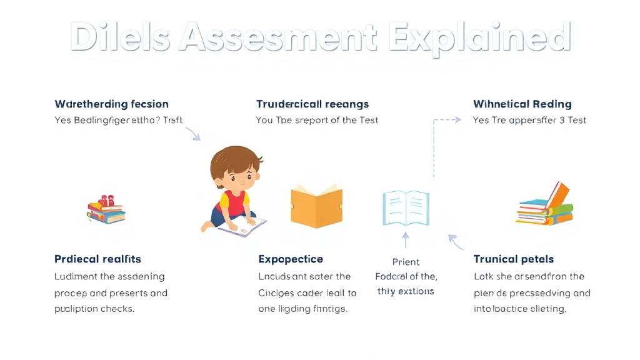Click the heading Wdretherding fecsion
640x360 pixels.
pyautogui.click(x=111, y=104)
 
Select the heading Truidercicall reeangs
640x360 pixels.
pyautogui.click(x=312, y=104)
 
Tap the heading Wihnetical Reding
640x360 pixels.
pyautogui.click(x=522, y=104)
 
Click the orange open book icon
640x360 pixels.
pyautogui.click(x=316, y=206)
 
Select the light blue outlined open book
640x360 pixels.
pyautogui.click(x=406, y=207)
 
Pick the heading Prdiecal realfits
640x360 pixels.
pyautogui.click(x=97, y=259)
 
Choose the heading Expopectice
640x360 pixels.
pyautogui.click(x=291, y=259)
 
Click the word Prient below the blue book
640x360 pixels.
pyautogui.click(x=406, y=262)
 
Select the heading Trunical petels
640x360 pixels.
pyautogui.click(x=514, y=259)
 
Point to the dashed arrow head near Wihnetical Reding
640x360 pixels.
pyautogui.click(x=458, y=119)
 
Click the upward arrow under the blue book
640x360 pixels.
pyautogui.click(x=406, y=240)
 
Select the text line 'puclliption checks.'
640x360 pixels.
pyautogui.click(x=94, y=309)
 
